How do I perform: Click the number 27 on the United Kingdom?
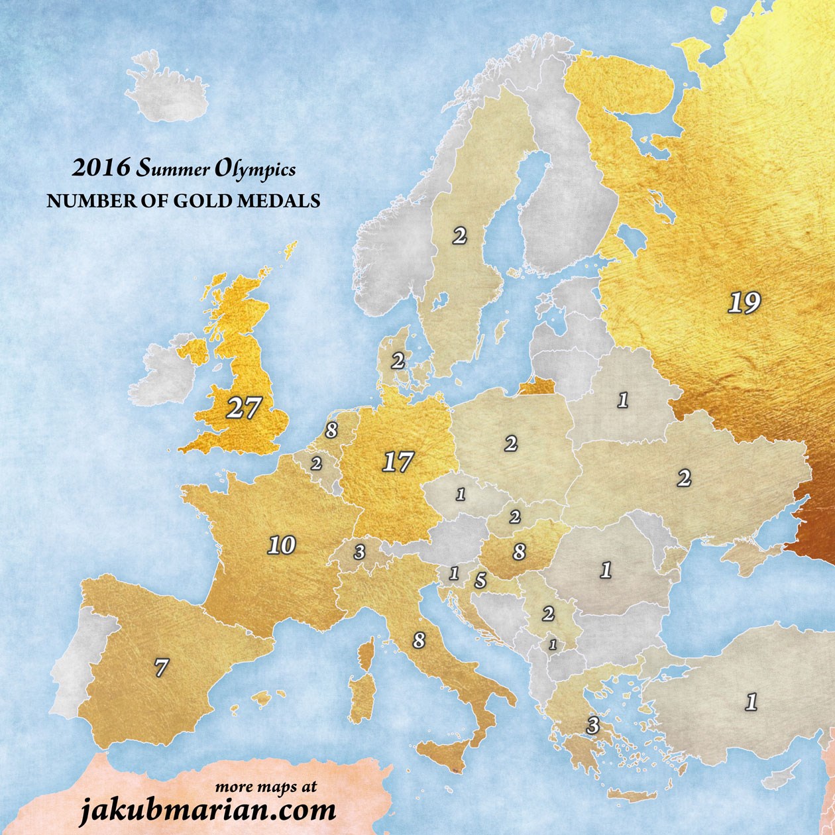(243, 408)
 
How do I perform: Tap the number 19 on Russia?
(744, 303)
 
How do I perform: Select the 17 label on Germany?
(398, 462)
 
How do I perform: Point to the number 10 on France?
(281, 545)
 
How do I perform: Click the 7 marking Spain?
(161, 667)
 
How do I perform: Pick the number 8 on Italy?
(418, 641)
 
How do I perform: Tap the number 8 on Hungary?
(519, 551)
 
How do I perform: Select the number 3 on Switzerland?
(359, 552)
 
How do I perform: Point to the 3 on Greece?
(592, 726)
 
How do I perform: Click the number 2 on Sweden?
(459, 236)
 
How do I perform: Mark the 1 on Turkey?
(751, 702)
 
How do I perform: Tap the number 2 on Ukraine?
(684, 477)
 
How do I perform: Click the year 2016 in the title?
(101, 168)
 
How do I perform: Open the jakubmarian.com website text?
(207, 810)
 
